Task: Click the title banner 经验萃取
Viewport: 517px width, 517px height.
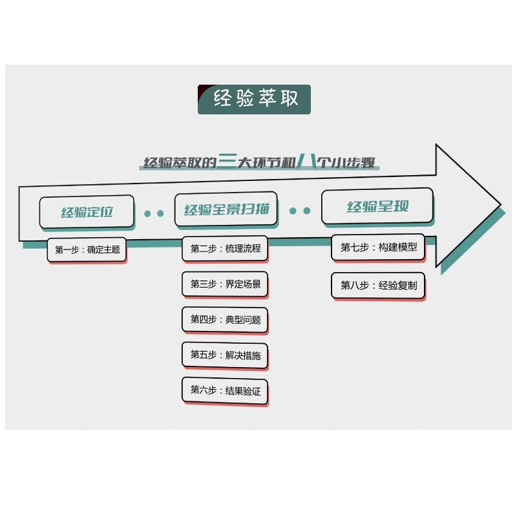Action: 254,100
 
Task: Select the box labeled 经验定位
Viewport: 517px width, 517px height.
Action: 87,211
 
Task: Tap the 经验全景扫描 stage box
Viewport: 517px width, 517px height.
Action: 226,209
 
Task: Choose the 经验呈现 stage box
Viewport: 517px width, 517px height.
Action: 377,207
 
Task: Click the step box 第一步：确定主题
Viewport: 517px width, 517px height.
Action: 87,249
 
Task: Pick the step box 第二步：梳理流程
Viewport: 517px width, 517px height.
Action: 225,248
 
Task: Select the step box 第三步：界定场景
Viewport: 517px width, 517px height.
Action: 225,284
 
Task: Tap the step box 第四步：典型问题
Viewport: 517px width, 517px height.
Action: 225,319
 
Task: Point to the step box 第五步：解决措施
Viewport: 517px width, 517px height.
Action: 225,355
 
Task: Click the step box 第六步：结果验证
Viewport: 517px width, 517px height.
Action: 225,390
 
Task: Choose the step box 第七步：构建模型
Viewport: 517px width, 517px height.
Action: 378,247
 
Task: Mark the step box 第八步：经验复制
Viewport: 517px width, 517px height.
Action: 378,285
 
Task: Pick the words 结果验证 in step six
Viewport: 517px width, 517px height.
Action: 243,390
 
